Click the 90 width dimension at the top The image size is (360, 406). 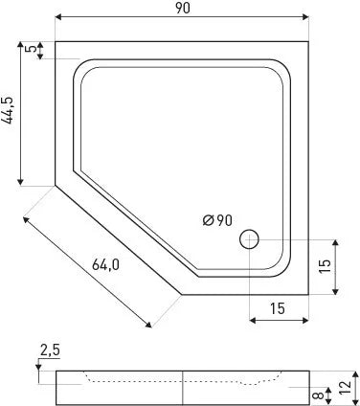tap(183, 8)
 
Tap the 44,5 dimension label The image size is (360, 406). tap(8, 111)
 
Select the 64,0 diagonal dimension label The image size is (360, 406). tap(105, 264)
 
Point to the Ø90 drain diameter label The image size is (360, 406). tap(217, 220)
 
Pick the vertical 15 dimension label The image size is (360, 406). tap(326, 266)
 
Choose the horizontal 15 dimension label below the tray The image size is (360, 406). tap(278, 308)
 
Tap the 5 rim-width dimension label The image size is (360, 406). tap(31, 49)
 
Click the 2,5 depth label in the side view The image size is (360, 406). tap(50, 350)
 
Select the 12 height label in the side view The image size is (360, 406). tap(346, 388)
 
